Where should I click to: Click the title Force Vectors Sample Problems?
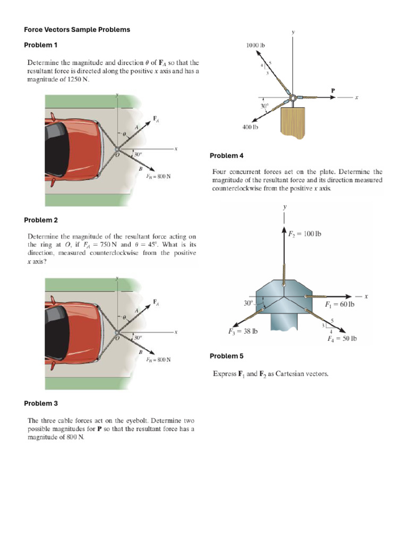pos(77,30)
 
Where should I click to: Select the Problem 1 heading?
pos(40,45)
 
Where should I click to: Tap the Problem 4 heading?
pos(226,155)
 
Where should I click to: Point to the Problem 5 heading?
pos(226,356)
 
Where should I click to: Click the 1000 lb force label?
pos(255,46)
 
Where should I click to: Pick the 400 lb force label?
pos(250,127)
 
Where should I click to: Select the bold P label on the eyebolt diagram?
pos(333,90)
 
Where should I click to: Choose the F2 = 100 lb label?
pos(304,234)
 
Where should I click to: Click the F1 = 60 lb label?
pos(339,304)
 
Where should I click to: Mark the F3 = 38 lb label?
pos(242,331)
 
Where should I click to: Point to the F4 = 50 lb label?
pos(342,338)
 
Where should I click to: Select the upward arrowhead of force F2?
pos(285,230)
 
